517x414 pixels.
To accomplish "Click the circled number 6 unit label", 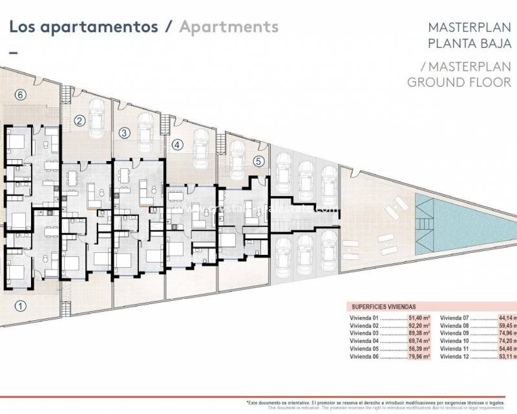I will tap(20, 94).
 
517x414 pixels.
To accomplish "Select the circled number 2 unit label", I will tap(79, 120).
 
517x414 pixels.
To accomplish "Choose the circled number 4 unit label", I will tap(178, 146).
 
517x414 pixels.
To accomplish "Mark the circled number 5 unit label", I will tap(258, 162).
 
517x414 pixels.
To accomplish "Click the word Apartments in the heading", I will tap(229, 27).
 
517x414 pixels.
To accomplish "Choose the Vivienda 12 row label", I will tap(456, 356).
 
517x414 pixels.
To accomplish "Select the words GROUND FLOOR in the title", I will tap(459, 82).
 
